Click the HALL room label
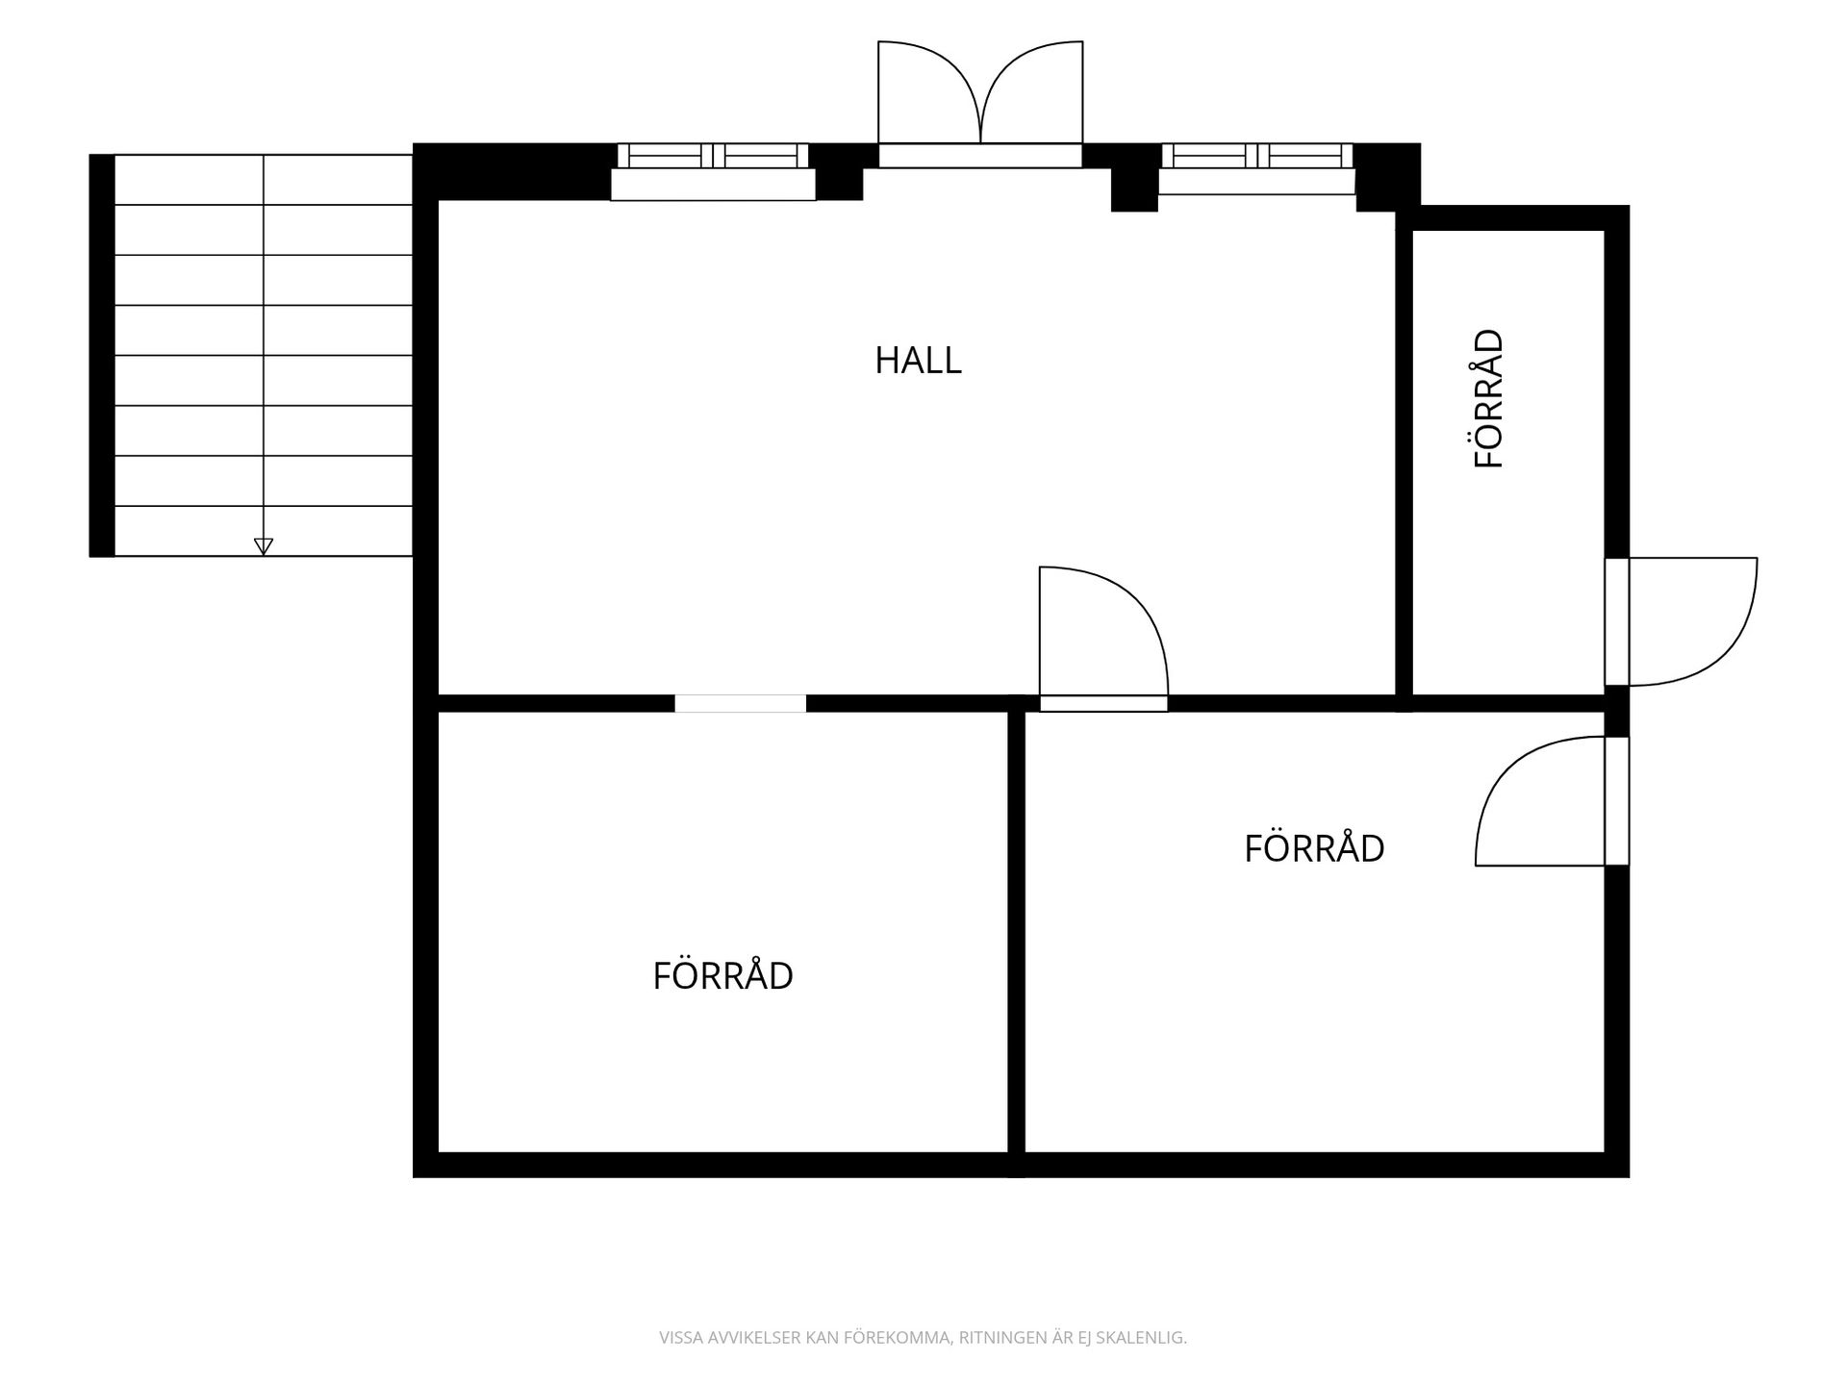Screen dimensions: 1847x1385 918,361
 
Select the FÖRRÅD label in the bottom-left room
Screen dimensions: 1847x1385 722,975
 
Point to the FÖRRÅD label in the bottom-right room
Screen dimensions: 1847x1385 1314,847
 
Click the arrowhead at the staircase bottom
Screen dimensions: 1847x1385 264,546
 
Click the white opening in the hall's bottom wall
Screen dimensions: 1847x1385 740,703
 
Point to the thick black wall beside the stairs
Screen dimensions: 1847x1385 102,355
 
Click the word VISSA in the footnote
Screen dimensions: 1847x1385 678,1337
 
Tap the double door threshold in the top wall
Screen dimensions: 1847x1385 980,156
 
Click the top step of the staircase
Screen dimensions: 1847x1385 264,180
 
